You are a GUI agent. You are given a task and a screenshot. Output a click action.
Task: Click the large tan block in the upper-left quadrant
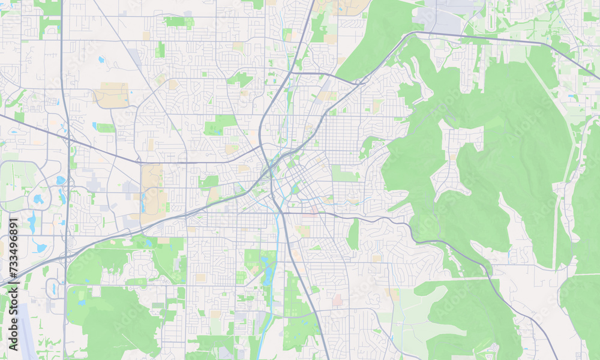click(112, 95)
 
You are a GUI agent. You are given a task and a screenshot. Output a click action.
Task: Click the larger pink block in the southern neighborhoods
click(337, 299)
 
